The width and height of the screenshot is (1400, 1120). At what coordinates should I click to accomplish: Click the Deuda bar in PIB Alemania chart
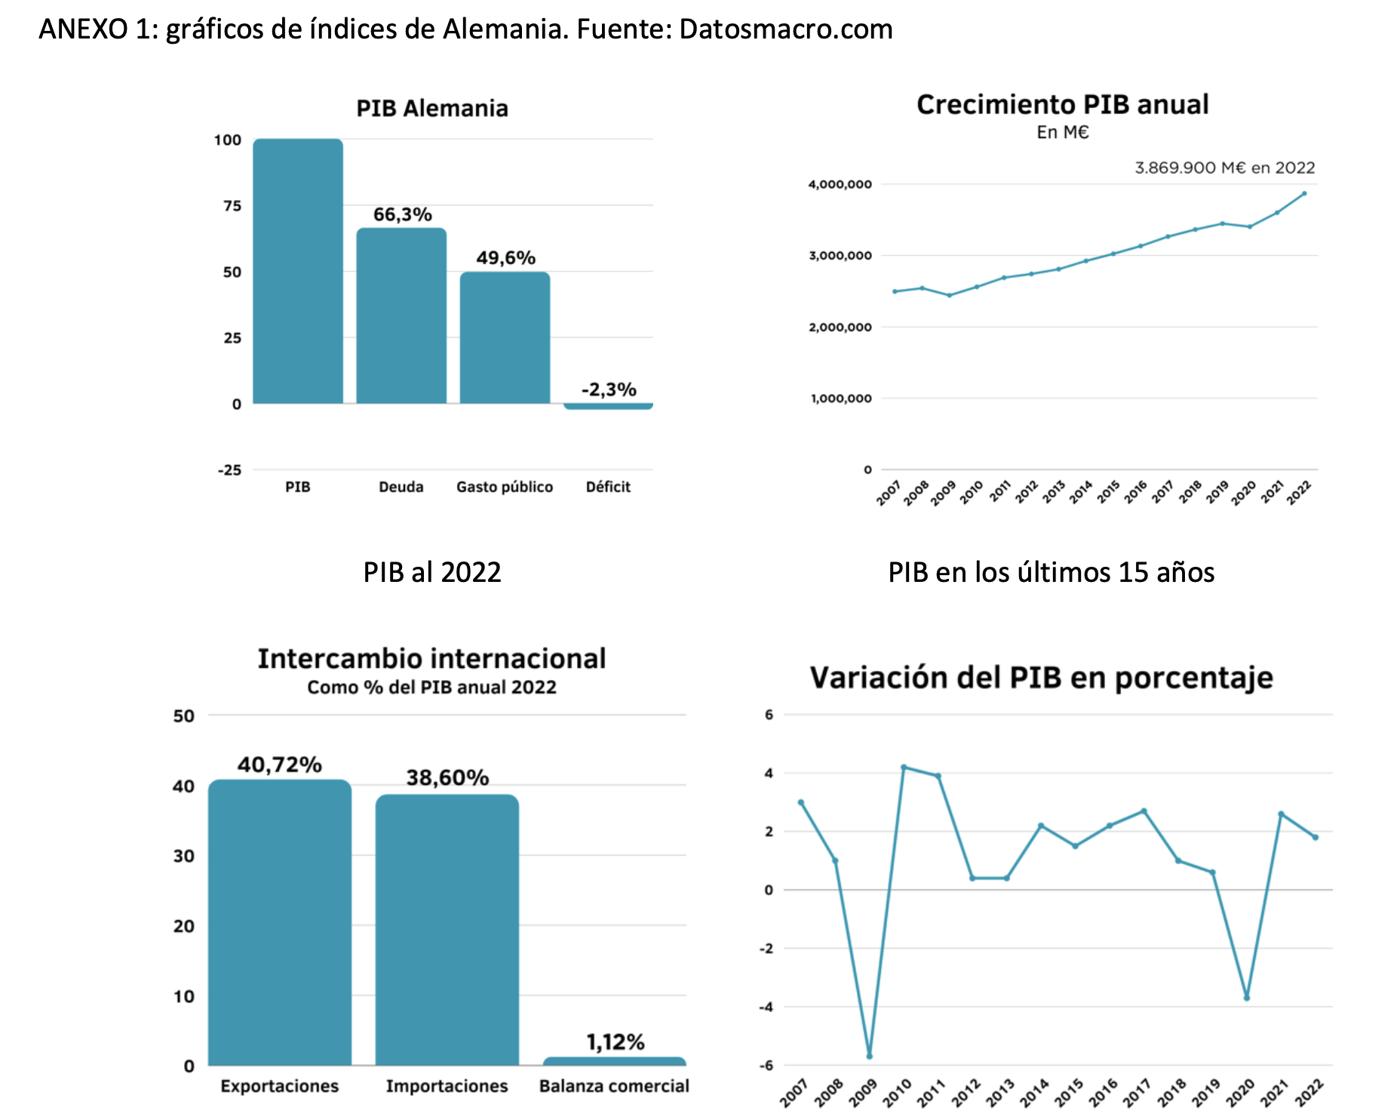pos(401,317)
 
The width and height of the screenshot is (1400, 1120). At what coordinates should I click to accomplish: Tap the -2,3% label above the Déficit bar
pos(609,389)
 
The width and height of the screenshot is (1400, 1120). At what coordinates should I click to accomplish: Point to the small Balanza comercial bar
pos(614,1061)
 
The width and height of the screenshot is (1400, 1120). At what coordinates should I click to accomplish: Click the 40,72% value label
pos(280,765)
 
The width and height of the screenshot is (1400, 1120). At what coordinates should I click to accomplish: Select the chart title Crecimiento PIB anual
pos(1062,104)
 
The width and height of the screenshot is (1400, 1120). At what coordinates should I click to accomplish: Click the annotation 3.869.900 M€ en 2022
pos(1224,168)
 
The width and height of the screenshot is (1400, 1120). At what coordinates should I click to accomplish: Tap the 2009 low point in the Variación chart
pos(870,1056)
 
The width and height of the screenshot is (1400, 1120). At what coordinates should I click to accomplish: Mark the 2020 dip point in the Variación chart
pos(1247,998)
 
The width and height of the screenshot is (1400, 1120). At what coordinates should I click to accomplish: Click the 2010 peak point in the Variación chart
pos(904,767)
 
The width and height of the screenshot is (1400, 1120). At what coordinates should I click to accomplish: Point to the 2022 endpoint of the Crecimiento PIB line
pos(1304,193)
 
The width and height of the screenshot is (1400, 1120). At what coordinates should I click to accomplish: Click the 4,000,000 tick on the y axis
pos(840,184)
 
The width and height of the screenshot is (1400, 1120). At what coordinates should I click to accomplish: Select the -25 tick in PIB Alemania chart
pos(229,470)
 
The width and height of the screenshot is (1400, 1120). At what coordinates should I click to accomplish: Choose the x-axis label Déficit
pos(608,487)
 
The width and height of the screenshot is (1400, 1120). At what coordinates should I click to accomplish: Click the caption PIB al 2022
pos(431,572)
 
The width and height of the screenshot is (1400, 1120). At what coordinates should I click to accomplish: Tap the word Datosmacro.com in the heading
pos(785,29)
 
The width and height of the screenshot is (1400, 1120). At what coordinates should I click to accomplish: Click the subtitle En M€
pos(1062,132)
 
